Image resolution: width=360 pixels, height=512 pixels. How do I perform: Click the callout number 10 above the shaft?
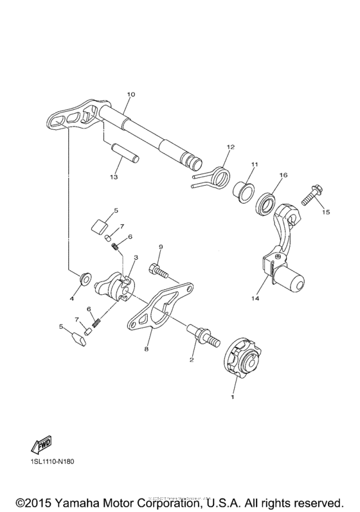point(130,94)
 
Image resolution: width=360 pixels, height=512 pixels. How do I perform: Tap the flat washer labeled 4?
point(84,279)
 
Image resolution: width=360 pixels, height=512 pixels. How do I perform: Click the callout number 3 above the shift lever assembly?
point(136,257)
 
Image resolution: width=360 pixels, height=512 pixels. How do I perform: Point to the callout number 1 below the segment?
point(233,398)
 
